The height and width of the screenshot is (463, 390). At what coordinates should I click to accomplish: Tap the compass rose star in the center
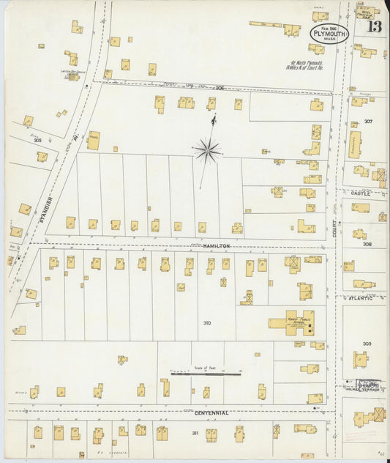click(208, 151)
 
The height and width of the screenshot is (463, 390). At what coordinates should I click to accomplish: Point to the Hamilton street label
click(217, 246)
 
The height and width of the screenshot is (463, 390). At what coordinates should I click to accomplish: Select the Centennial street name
click(210, 413)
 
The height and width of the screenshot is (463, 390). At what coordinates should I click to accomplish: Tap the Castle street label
click(360, 193)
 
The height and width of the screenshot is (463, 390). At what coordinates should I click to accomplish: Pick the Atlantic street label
click(360, 297)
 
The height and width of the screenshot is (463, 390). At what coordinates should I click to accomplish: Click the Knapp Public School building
click(288, 322)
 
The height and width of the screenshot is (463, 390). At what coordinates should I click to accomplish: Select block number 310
click(207, 323)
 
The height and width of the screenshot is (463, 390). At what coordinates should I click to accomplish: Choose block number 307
click(368, 121)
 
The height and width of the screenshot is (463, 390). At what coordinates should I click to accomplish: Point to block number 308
click(367, 244)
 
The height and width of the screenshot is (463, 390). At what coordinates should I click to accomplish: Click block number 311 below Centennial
click(195, 433)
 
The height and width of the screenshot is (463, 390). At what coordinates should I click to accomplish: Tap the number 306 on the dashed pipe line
click(220, 87)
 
